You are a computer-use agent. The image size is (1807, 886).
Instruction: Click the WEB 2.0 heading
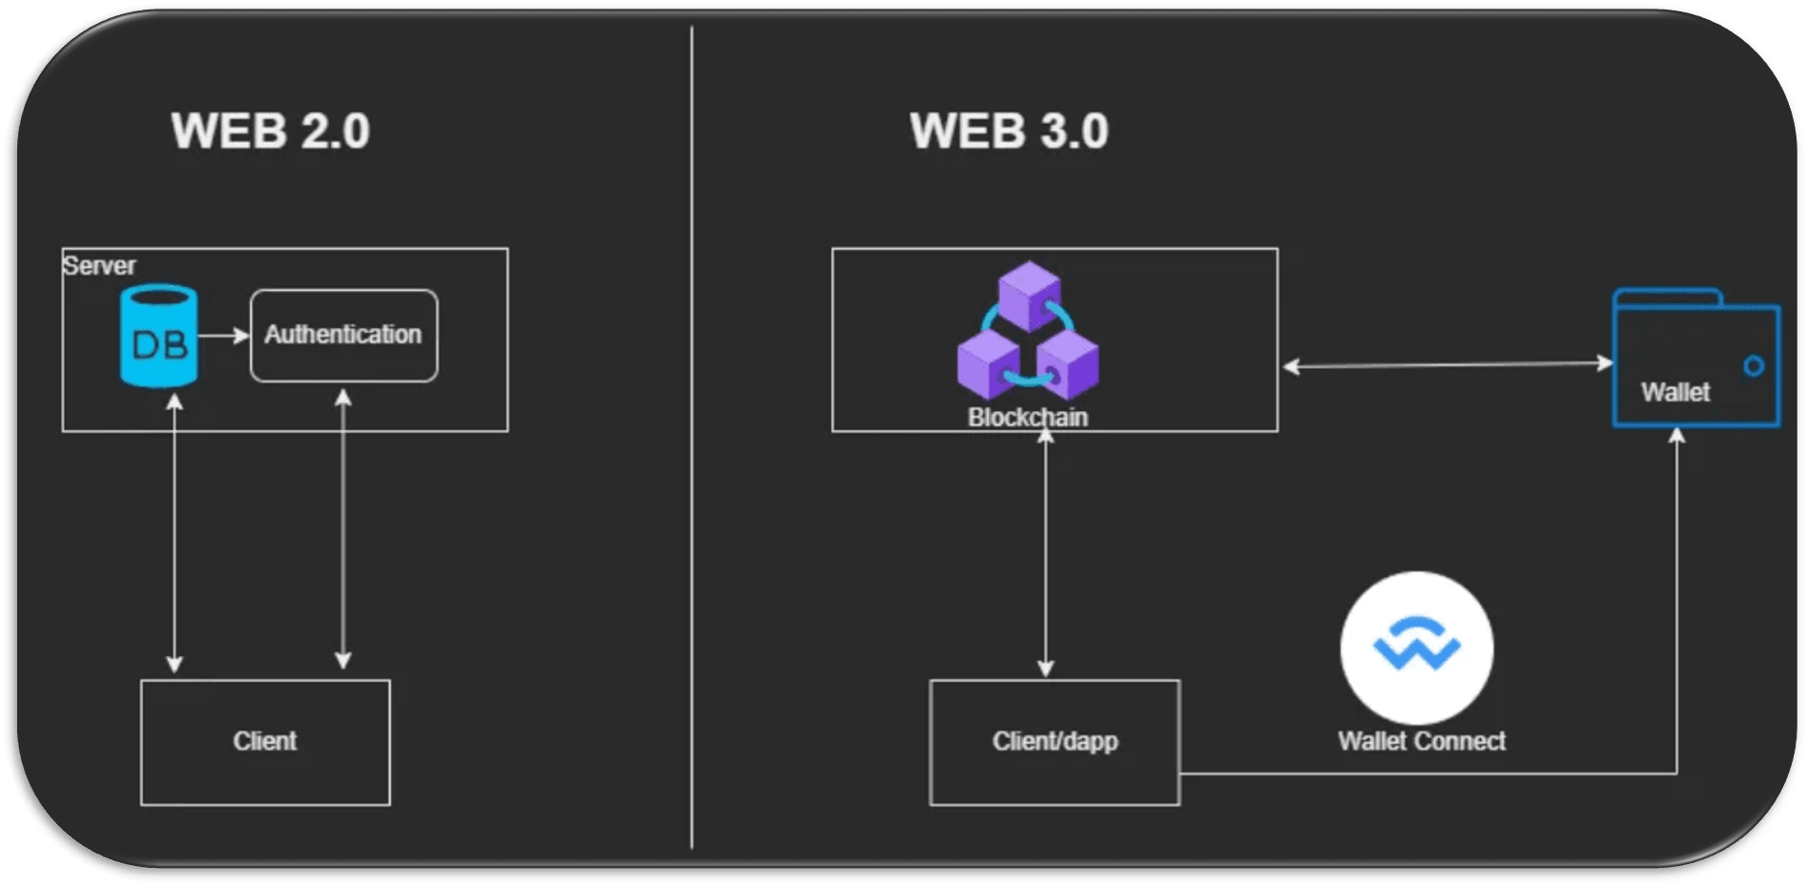point(271,131)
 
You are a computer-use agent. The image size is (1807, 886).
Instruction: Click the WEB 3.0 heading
point(1009,131)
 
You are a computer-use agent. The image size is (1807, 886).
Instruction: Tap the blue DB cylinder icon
point(159,336)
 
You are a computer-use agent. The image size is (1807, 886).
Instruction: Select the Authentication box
point(344,336)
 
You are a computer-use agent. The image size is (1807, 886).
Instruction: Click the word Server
point(99,265)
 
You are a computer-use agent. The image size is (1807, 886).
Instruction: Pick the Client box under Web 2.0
point(265,742)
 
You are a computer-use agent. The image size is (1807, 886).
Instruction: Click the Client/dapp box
point(1055,742)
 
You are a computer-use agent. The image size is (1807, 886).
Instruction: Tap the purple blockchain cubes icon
point(1028,331)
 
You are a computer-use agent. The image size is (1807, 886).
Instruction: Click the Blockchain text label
point(1028,417)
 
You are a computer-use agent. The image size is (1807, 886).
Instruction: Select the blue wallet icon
point(1695,358)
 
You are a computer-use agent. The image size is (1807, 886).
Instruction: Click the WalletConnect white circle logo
point(1417,648)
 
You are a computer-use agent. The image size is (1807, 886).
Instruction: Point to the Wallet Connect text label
point(1422,741)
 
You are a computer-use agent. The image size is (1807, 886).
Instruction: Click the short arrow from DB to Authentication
point(224,336)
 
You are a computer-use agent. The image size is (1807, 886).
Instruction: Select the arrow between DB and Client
point(175,533)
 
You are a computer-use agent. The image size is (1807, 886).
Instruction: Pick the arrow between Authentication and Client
point(343,528)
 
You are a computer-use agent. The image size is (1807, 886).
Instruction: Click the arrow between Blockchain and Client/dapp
point(1046,553)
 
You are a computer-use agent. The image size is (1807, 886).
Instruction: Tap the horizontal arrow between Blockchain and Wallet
point(1448,364)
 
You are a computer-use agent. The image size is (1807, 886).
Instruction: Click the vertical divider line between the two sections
point(692,438)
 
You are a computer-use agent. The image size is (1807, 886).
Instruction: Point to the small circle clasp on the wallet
point(1754,366)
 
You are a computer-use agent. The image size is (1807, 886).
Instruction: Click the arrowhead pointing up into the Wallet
point(1677,435)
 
